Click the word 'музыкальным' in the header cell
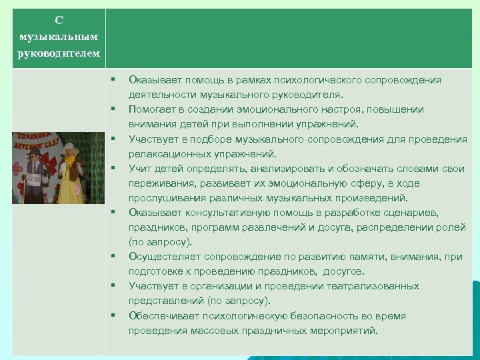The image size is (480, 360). tap(59, 36)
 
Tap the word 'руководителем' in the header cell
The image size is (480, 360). tap(59, 53)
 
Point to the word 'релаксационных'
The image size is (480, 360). tap(164, 153)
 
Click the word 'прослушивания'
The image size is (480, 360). tap(162, 197)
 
